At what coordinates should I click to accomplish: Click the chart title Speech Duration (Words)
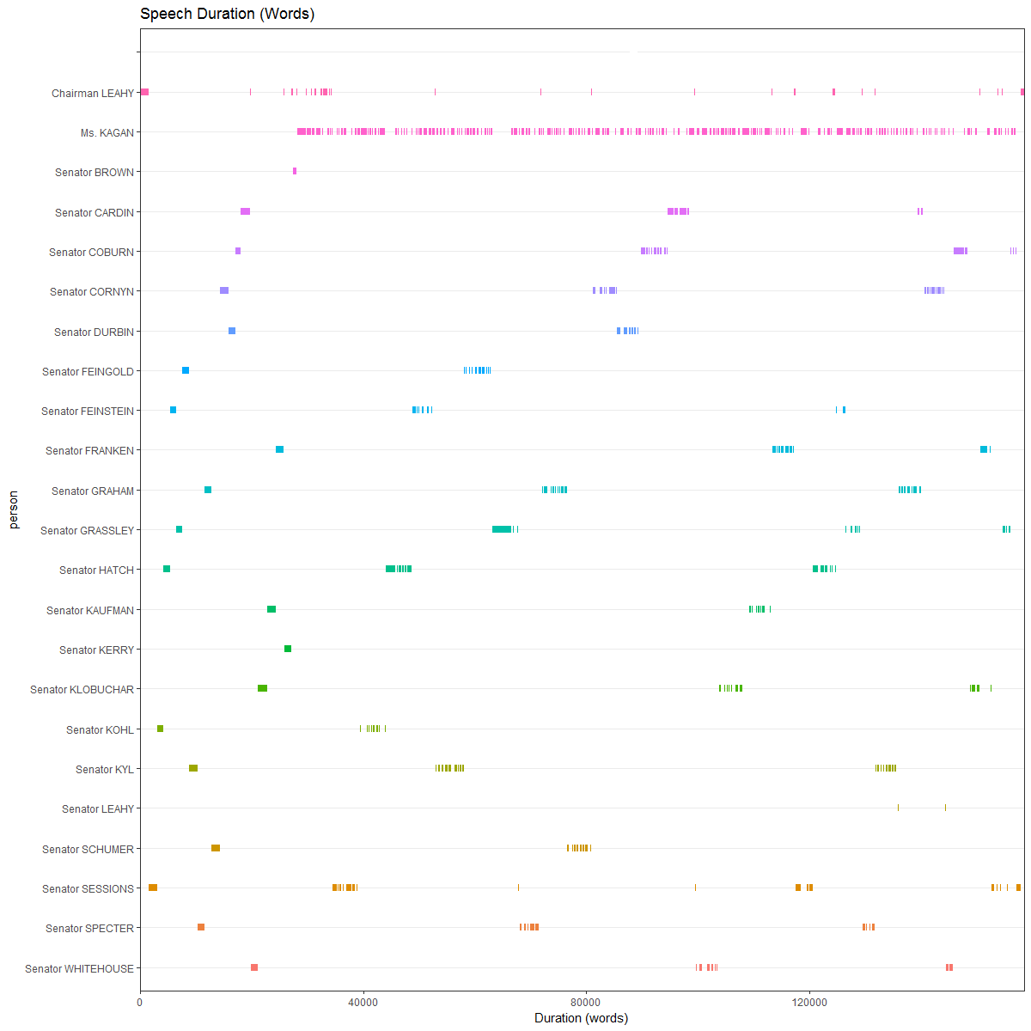(227, 14)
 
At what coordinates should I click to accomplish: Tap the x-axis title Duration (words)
(581, 1018)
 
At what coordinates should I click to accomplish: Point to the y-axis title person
(13, 509)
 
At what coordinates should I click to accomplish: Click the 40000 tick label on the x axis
(363, 1002)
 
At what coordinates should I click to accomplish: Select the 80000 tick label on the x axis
(586, 1002)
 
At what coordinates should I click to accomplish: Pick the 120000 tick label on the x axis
(809, 1002)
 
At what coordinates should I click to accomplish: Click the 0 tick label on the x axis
(140, 1002)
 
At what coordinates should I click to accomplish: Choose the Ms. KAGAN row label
(107, 133)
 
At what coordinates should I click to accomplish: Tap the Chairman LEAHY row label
(93, 93)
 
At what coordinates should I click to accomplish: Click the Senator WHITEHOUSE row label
(79, 969)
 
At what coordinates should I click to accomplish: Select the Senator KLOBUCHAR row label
(82, 690)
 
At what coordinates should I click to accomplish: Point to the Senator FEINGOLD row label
(88, 372)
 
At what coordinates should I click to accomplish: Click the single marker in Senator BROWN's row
(295, 171)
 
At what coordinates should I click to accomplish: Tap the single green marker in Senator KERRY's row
(288, 649)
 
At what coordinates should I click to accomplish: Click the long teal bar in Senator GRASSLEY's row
(502, 529)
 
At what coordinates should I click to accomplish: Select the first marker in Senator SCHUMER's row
(216, 848)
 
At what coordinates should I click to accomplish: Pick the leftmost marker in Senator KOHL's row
(160, 729)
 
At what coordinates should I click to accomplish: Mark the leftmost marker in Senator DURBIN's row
(232, 331)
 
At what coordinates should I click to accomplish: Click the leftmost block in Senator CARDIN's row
(245, 211)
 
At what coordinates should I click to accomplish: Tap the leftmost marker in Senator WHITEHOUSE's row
(254, 967)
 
